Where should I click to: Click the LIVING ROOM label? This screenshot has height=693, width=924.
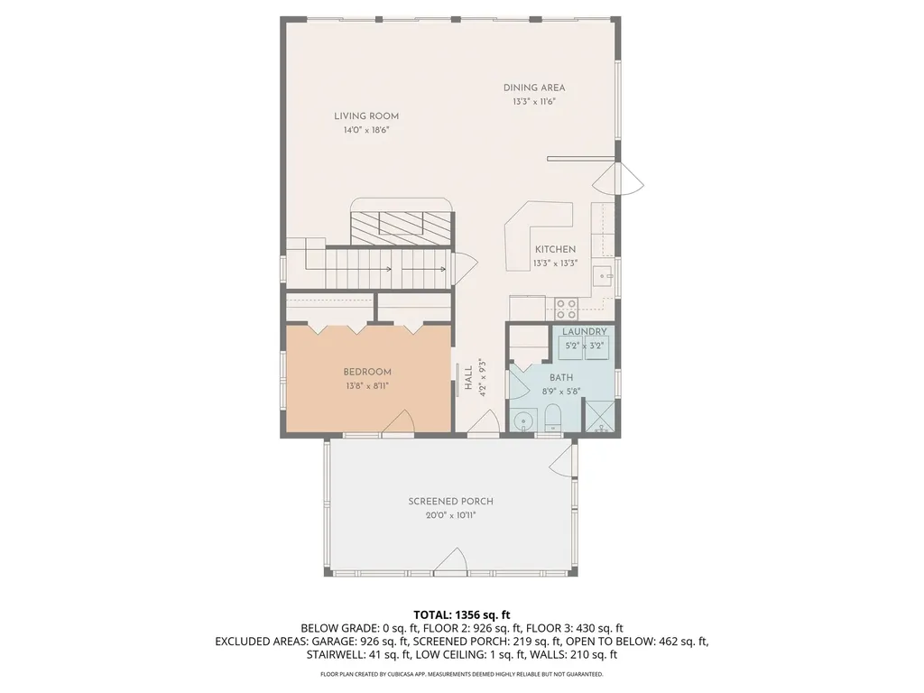pyautogui.click(x=365, y=115)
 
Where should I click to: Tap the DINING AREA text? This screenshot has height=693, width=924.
pyautogui.click(x=534, y=88)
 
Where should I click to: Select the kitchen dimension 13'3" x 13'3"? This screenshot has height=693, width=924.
pyautogui.click(x=555, y=263)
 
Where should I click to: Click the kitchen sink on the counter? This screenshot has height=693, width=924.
pyautogui.click(x=603, y=275)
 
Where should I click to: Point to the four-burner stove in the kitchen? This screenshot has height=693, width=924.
pyautogui.click(x=567, y=309)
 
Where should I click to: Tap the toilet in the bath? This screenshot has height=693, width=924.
pyautogui.click(x=554, y=418)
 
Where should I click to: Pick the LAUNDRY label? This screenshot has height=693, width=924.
pyautogui.click(x=584, y=332)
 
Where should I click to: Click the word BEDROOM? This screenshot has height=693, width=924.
pyautogui.click(x=367, y=372)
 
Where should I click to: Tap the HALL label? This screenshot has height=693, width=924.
pyautogui.click(x=468, y=376)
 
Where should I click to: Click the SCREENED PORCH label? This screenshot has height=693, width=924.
pyautogui.click(x=450, y=502)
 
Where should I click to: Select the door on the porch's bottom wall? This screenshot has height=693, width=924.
pyautogui.click(x=450, y=565)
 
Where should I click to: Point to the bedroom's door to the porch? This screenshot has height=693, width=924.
pyautogui.click(x=398, y=421)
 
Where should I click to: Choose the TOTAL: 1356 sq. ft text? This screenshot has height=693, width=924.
pyautogui.click(x=461, y=614)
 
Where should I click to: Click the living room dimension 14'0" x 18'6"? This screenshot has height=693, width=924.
pyautogui.click(x=365, y=130)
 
